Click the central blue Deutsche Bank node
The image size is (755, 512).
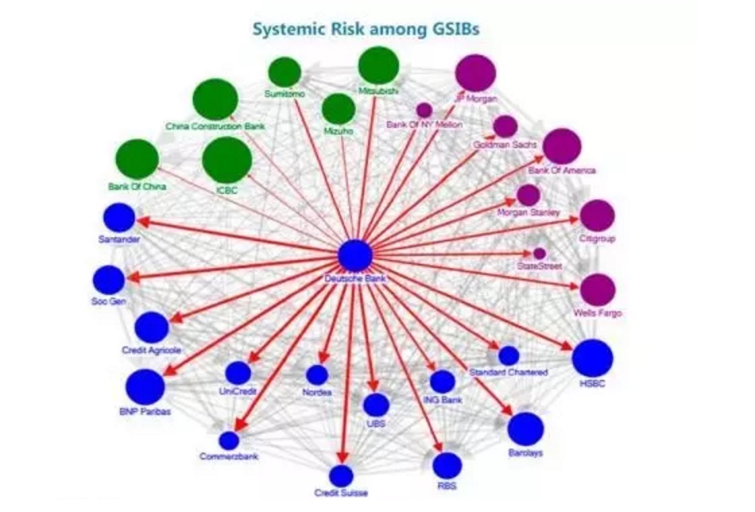(x=355, y=255)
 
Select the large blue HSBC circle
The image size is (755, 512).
(x=593, y=358)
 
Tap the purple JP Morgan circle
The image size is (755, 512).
(x=475, y=73)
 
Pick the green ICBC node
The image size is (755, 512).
(x=227, y=160)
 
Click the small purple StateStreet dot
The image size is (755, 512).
(x=539, y=253)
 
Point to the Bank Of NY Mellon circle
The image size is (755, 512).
(x=424, y=110)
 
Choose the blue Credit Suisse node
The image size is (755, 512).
(x=342, y=476)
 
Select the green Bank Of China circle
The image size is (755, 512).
(x=138, y=160)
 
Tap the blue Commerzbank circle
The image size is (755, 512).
(x=229, y=441)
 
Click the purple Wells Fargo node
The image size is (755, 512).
(x=597, y=290)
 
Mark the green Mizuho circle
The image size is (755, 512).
(x=338, y=109)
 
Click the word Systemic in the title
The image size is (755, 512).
(x=284, y=29)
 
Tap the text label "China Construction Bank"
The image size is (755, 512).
(x=216, y=126)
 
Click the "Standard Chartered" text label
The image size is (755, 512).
(x=508, y=372)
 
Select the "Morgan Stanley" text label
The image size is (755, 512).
(x=528, y=213)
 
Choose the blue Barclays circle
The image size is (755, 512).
(x=525, y=429)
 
